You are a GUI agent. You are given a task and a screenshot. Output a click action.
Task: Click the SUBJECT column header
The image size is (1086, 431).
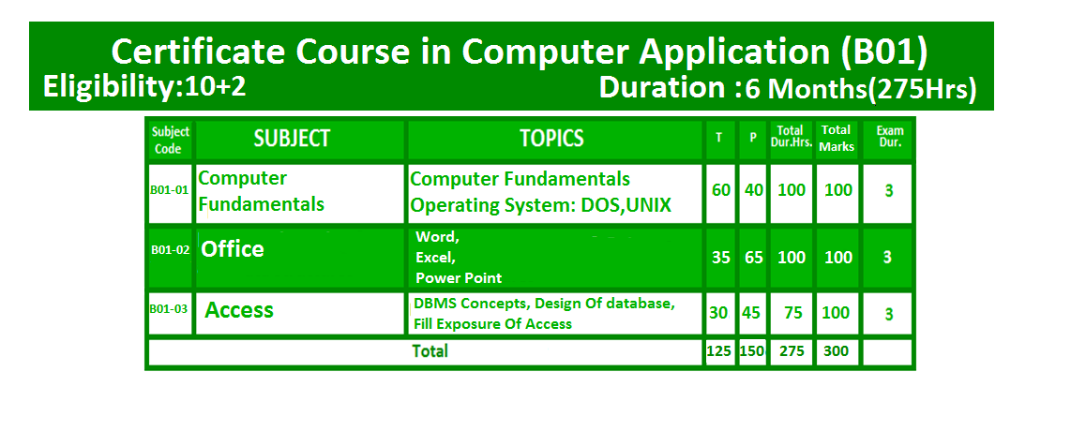click(x=292, y=139)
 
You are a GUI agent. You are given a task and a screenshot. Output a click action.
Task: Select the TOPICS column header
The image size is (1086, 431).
click(x=552, y=139)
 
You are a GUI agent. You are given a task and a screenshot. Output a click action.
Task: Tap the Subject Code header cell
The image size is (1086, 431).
click(x=171, y=140)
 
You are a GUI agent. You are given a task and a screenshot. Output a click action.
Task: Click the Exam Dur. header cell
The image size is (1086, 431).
click(x=889, y=137)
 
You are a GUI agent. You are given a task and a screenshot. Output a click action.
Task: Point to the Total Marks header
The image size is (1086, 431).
click(x=837, y=138)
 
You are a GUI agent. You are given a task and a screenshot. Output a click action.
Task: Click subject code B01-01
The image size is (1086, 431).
click(x=170, y=190)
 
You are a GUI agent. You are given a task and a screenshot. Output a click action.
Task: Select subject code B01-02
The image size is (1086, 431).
click(x=171, y=250)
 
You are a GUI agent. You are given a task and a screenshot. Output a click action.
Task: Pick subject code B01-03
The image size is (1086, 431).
click(x=169, y=309)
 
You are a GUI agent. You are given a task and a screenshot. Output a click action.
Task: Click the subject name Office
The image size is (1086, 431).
click(x=232, y=249)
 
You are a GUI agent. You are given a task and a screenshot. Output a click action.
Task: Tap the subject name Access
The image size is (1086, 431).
click(x=239, y=310)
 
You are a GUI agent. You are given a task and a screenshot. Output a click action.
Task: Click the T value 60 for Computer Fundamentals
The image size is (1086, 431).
click(x=721, y=189)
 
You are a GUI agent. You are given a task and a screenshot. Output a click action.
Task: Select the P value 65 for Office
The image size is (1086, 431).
click(x=754, y=258)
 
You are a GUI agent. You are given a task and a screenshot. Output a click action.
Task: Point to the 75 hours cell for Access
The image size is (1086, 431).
click(x=793, y=313)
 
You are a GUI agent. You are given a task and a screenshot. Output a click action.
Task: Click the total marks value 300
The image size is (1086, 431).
click(x=837, y=351)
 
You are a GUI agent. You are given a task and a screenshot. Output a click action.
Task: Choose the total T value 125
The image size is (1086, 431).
click(x=719, y=351)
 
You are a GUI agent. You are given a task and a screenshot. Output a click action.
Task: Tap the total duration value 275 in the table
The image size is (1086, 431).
click(x=792, y=351)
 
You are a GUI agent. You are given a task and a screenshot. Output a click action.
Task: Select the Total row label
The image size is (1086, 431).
click(x=430, y=351)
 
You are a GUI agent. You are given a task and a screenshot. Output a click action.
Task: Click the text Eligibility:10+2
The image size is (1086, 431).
click(x=144, y=87)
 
